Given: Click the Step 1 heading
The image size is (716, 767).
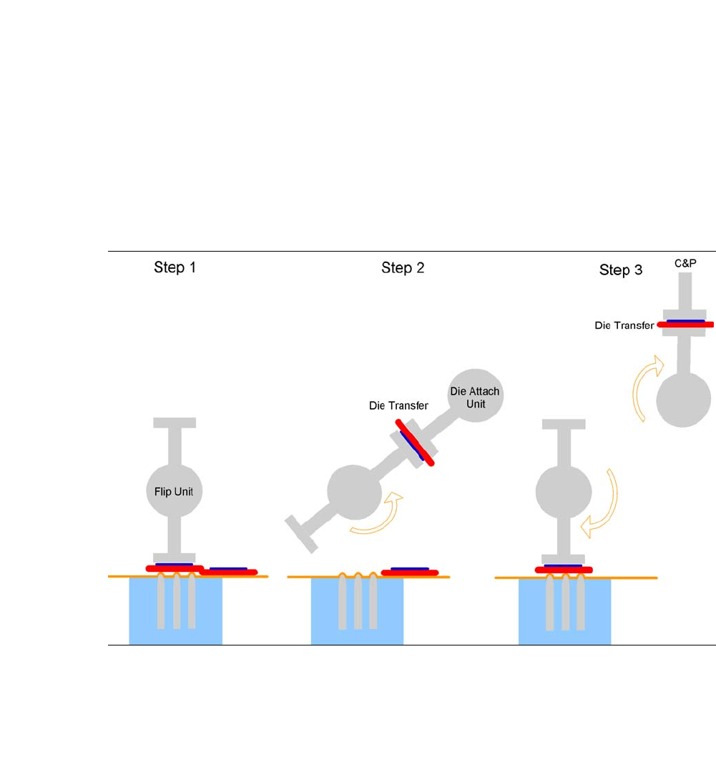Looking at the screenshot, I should point(175,268).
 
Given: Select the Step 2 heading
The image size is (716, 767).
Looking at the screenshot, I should point(403,268).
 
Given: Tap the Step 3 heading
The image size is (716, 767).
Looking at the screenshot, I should point(620,270).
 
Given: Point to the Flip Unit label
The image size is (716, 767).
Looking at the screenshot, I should point(174,491).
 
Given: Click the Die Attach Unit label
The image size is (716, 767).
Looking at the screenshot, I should point(475,397).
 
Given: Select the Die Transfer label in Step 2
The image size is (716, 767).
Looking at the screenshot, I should point(398,405).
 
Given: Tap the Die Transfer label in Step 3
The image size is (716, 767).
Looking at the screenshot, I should point(624,325).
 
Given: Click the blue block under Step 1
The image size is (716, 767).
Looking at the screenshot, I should point(175,612).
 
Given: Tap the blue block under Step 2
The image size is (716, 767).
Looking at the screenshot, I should point(357,612).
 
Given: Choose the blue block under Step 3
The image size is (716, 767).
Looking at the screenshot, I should point(564,612).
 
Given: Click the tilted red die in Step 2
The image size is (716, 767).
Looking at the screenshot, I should point(417,443).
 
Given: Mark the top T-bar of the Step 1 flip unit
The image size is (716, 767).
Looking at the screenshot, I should point(175,422).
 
